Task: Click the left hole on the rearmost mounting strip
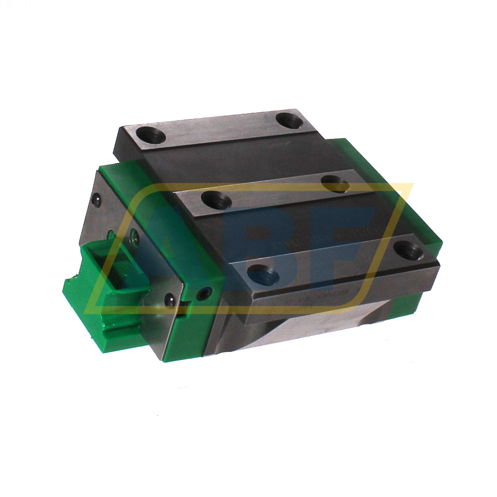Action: tap(150, 135)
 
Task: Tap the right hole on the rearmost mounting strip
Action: tap(289, 120)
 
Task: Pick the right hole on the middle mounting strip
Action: tap(336, 183)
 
